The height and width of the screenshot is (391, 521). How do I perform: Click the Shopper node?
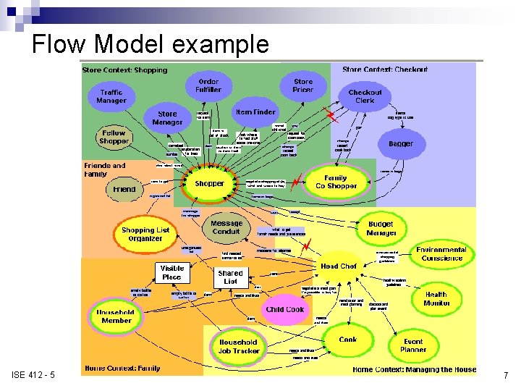[209, 184]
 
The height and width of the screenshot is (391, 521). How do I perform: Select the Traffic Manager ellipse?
[111, 96]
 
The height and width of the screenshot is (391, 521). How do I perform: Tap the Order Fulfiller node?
[208, 86]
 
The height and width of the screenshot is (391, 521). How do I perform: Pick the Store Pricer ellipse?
[303, 86]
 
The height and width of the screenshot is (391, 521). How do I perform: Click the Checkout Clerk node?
[365, 96]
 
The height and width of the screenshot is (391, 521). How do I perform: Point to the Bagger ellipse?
[401, 144]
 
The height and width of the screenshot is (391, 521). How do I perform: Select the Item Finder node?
[255, 112]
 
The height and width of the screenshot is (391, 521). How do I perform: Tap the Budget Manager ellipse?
[381, 229]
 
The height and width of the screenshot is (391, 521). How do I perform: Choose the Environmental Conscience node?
[441, 254]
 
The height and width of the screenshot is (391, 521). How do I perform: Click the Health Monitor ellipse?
[436, 299]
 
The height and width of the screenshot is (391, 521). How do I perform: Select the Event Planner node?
[413, 345]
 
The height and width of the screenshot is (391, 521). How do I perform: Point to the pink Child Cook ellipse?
[285, 310]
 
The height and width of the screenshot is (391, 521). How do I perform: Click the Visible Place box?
[172, 272]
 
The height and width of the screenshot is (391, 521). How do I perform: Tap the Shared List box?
[230, 277]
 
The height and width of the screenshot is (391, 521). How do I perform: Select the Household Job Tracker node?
[238, 346]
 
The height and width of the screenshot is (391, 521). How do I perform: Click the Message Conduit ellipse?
[226, 228]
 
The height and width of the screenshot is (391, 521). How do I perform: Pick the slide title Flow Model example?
[151, 45]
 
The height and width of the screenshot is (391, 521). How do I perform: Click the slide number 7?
[506, 376]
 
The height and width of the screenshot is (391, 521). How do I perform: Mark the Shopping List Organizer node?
[145, 235]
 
